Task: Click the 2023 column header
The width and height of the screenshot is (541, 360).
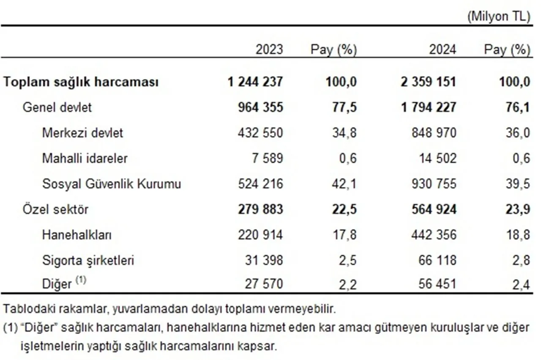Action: (x=269, y=50)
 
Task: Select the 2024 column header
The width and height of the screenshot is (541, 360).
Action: (x=443, y=50)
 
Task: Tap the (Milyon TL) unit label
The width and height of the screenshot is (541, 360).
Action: (x=498, y=16)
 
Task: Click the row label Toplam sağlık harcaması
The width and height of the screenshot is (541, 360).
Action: (x=81, y=82)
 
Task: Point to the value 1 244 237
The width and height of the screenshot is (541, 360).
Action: (x=255, y=82)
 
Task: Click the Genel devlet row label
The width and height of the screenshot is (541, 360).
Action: (x=57, y=107)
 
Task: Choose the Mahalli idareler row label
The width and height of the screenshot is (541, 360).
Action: (x=85, y=158)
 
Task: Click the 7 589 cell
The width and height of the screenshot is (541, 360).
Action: (x=267, y=158)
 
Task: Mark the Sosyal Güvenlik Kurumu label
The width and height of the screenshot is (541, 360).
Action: (x=112, y=184)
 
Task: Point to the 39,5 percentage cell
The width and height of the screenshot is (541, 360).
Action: (x=518, y=184)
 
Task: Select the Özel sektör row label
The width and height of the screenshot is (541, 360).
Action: (x=55, y=209)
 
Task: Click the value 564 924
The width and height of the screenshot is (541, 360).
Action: (x=434, y=209)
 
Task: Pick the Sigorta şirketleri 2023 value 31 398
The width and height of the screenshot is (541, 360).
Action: (x=264, y=260)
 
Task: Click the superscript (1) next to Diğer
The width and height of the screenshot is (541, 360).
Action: (x=81, y=280)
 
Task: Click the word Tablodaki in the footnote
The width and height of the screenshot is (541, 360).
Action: (x=21, y=309)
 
